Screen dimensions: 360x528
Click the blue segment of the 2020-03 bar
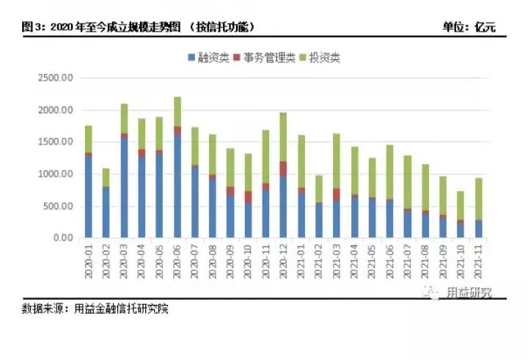(124, 188)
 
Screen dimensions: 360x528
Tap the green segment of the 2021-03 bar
(336, 161)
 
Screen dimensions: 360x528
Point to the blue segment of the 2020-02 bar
(106, 213)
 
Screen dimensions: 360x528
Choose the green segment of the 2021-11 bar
(477, 199)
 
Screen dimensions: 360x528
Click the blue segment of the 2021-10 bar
(460, 229)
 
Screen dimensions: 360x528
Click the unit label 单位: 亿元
(469, 27)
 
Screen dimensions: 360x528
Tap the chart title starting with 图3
(139, 27)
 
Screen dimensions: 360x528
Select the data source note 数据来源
(95, 309)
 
